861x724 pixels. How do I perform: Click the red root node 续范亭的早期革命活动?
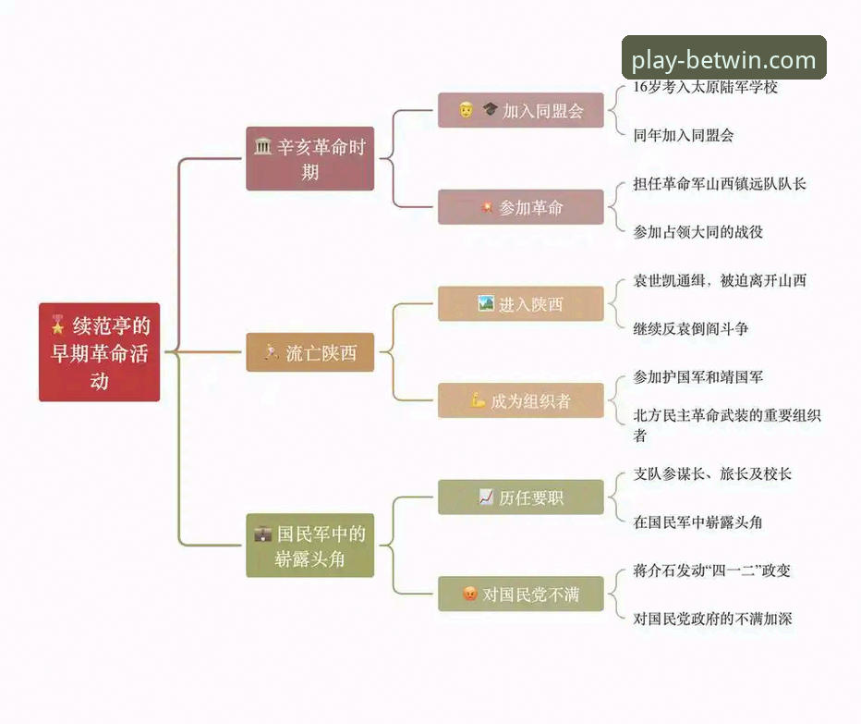tap(99, 352)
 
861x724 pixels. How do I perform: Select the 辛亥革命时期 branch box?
tap(309, 159)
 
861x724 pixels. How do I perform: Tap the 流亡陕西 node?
tap(309, 352)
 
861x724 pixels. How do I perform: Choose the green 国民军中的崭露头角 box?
tap(309, 546)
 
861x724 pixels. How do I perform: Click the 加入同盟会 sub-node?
tap(520, 111)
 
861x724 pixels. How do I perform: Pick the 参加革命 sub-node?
tap(520, 207)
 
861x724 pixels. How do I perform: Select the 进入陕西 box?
tap(520, 304)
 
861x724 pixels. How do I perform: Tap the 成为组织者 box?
tap(520, 400)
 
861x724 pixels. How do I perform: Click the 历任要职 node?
tap(520, 497)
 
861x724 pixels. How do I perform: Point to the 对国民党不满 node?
tap(520, 594)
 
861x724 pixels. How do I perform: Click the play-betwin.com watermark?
tap(723, 60)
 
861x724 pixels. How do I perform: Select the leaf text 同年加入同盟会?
tap(684, 135)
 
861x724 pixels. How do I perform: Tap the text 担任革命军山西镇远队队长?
tap(719, 183)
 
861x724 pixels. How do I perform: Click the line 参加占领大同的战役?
tap(697, 232)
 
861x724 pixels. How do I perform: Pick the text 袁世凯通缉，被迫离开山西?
tap(719, 280)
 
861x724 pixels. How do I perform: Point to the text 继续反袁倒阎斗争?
tap(690, 328)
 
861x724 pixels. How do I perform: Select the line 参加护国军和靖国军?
tap(697, 376)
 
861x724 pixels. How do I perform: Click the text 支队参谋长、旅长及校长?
tap(711, 473)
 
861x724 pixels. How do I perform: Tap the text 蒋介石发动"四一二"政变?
tap(711, 571)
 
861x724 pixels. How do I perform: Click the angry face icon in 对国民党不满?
tap(469, 594)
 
